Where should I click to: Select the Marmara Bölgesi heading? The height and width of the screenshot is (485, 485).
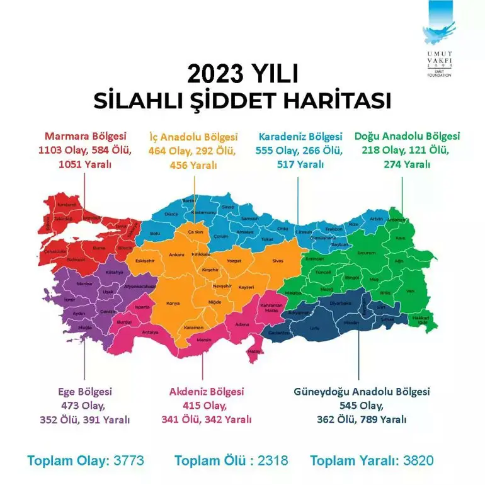(x=86, y=136)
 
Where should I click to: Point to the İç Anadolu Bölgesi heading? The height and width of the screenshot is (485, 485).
(x=193, y=137)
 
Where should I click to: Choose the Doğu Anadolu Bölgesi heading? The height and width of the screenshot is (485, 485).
(x=407, y=136)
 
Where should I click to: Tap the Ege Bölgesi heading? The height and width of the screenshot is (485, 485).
(x=85, y=391)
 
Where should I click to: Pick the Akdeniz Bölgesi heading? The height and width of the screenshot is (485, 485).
(x=207, y=391)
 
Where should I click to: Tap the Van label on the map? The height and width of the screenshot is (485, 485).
(x=411, y=291)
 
